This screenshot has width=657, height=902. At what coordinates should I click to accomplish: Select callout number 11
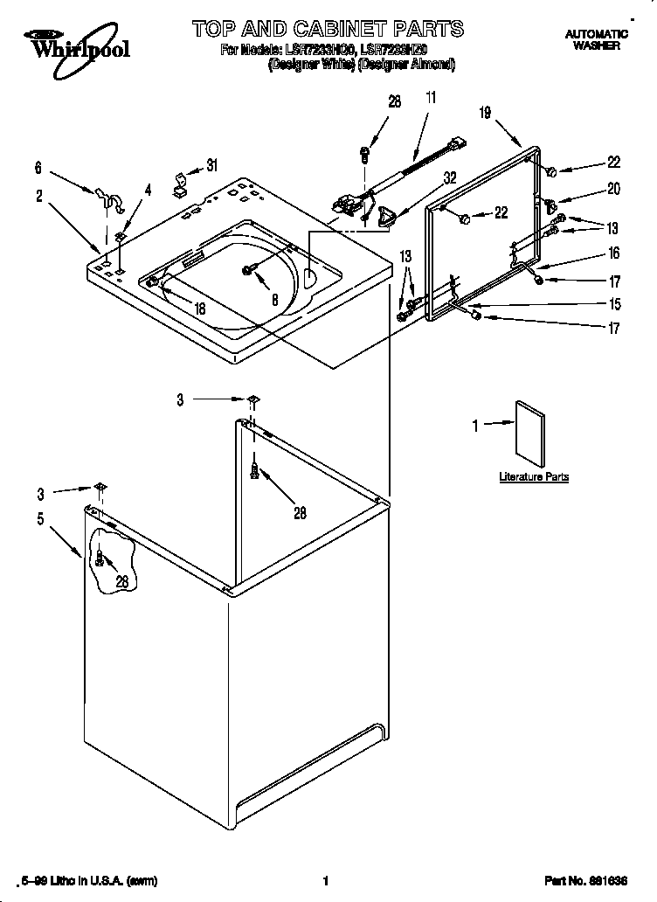coord(429,99)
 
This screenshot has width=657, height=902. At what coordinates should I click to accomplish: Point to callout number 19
coord(486,112)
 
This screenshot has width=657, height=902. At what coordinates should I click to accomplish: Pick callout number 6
coord(38,167)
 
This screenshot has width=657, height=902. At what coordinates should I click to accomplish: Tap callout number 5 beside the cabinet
coord(40,518)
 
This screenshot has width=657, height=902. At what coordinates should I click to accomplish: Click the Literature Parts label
coord(534,476)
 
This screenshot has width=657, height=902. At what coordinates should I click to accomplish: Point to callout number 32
coord(450,177)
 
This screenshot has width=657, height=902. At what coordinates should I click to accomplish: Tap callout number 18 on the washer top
coord(199,308)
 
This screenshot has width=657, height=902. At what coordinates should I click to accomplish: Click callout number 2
coord(39,196)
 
